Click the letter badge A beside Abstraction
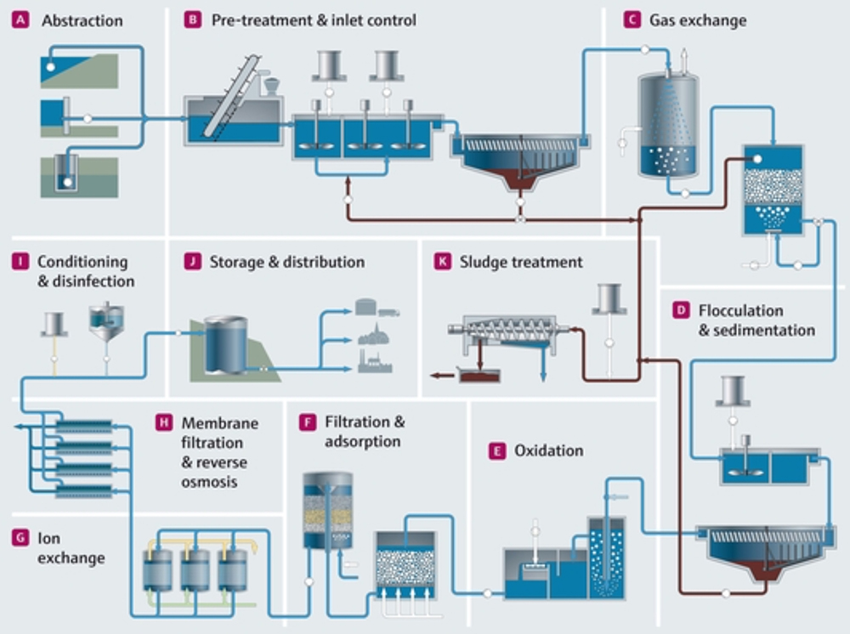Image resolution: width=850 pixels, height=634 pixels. pyautogui.click(x=20, y=20)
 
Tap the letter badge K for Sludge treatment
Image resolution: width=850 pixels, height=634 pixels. pyautogui.click(x=441, y=262)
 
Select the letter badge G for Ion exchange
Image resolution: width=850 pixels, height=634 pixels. pyautogui.click(x=20, y=538)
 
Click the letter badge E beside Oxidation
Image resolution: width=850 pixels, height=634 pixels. pyautogui.click(x=496, y=450)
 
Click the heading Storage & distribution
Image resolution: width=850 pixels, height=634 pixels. pyautogui.click(x=286, y=262)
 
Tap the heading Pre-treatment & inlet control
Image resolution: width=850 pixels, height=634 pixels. pyautogui.click(x=314, y=20)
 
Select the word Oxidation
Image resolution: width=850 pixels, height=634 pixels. pyautogui.click(x=548, y=450)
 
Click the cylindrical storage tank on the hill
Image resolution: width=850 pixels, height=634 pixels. pyautogui.click(x=225, y=344)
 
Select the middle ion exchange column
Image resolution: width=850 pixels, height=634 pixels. pyautogui.click(x=195, y=569)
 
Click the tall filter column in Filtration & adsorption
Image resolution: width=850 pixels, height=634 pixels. pyautogui.click(x=327, y=510)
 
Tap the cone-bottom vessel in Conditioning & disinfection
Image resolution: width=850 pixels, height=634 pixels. pyautogui.click(x=106, y=323)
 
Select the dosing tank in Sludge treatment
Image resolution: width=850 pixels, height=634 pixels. pyautogui.click(x=609, y=298)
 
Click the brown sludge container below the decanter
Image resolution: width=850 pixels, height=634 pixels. pyautogui.click(x=479, y=374)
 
